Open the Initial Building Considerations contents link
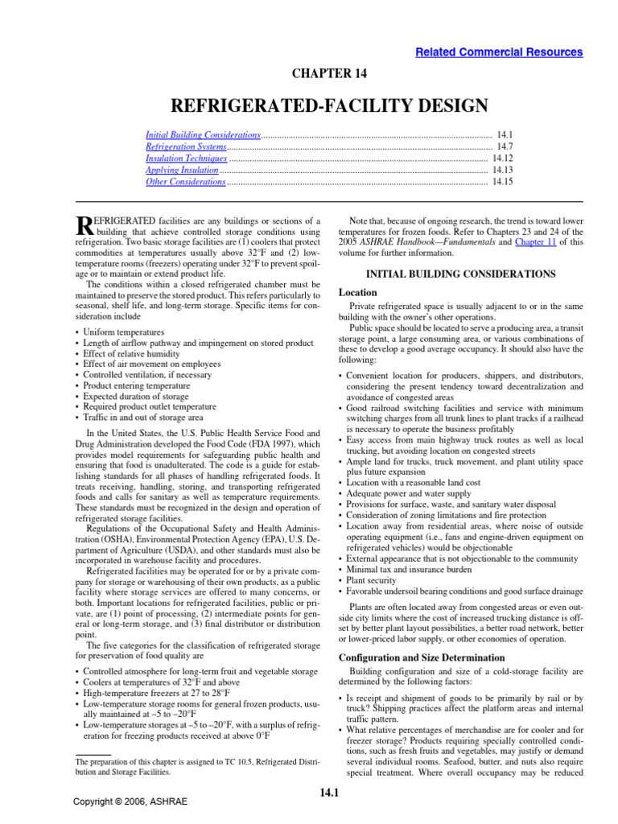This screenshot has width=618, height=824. [x=203, y=136]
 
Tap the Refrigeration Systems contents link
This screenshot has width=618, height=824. [x=186, y=148]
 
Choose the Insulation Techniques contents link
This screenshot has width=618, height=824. [x=186, y=159]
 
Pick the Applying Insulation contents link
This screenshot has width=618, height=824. [x=182, y=171]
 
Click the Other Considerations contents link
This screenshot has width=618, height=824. [x=185, y=183]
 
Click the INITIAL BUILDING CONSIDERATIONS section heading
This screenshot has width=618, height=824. [x=460, y=274]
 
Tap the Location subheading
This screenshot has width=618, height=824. [x=358, y=293]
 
